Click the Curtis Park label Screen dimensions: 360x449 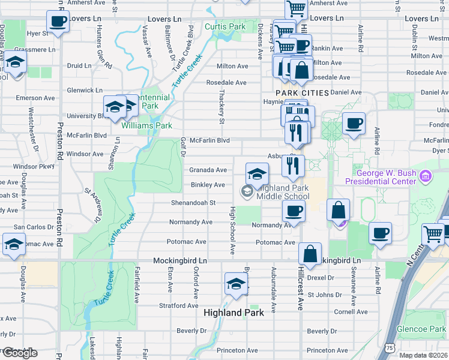pyautogui.click(x=225, y=27)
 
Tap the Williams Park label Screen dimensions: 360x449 pyautogui.click(x=146, y=126)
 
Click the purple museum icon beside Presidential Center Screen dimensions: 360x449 pyautogui.click(x=426, y=176)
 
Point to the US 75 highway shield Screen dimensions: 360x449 pyautogui.click(x=390, y=347)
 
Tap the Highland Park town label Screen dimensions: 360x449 pyautogui.click(x=234, y=313)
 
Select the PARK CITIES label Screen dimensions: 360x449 pyautogui.click(x=302, y=93)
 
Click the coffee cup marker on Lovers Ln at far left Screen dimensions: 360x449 pyautogui.click(x=58, y=23)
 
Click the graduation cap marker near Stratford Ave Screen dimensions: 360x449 pyautogui.click(x=237, y=283)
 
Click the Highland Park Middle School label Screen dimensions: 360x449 pyautogui.click(x=282, y=192)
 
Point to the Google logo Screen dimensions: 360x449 pyautogui.click(x=19, y=353)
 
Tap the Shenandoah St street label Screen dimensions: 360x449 pyautogui.click(x=194, y=203)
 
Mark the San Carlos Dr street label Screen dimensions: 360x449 pyautogui.click(x=34, y=227)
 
